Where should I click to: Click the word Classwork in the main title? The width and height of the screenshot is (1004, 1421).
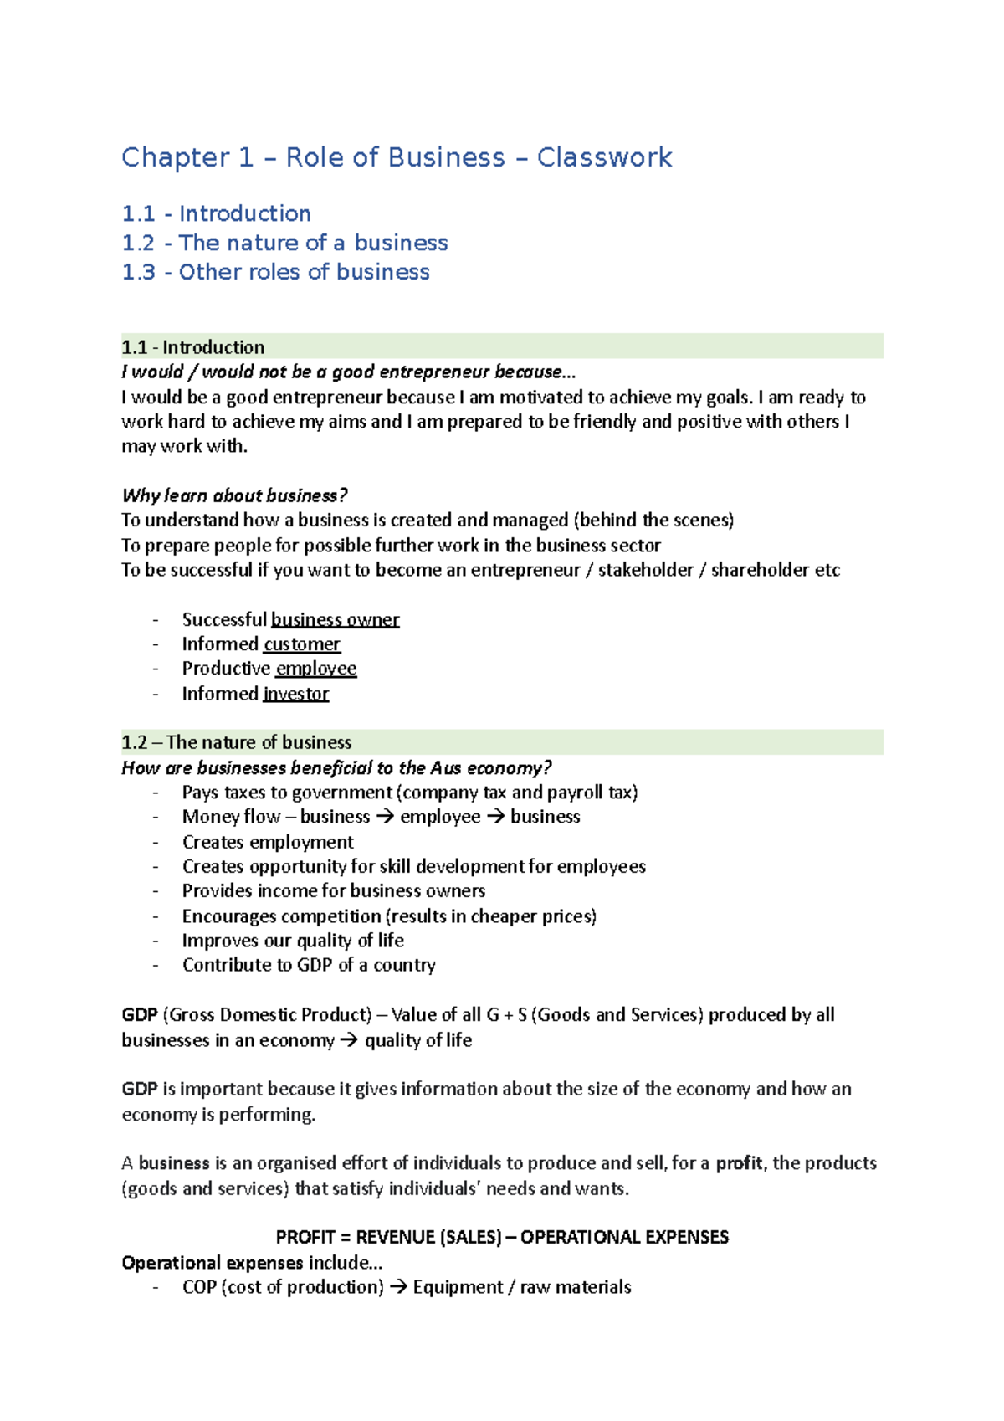tap(604, 157)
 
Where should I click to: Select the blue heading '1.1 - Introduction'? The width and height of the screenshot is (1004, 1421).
tap(216, 213)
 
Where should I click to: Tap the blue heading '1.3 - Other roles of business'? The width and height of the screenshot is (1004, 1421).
tap(275, 272)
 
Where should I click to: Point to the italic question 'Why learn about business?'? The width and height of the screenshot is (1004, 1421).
tap(234, 495)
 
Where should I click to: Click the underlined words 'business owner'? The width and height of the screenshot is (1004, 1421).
tap(335, 620)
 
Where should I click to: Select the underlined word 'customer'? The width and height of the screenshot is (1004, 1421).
tap(302, 644)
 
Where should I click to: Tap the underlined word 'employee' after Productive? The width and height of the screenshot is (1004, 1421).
tap(316, 669)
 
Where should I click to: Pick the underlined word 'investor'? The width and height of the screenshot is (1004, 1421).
tap(296, 694)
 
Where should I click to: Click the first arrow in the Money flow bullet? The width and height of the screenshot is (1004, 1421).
tap(385, 817)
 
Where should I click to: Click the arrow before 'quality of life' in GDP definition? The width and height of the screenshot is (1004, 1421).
tap(349, 1040)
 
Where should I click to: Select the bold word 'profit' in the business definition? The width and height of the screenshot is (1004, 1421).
tap(739, 1163)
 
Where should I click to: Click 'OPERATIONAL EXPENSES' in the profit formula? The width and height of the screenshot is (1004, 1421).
tap(624, 1237)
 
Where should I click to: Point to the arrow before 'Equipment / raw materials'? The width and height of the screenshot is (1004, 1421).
tap(398, 1287)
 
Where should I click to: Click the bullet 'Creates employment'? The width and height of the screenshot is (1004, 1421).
tap(268, 842)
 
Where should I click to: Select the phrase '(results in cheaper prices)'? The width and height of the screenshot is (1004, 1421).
tap(491, 916)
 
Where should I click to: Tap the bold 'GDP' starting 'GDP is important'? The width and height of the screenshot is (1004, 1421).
tap(140, 1089)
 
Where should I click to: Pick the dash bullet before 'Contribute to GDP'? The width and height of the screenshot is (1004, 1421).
tap(156, 966)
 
